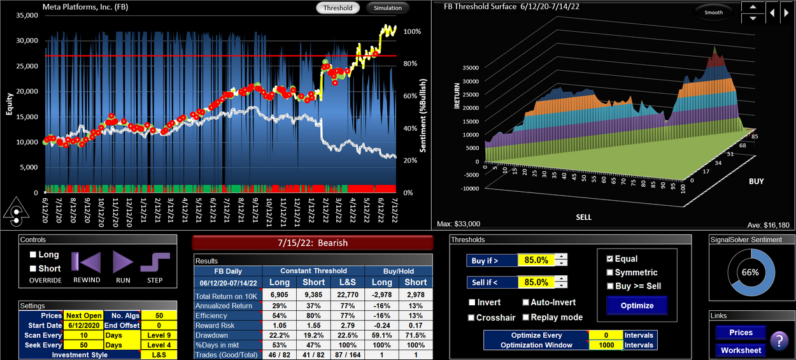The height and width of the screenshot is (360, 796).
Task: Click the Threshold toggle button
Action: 338,8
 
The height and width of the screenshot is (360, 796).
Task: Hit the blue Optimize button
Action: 637,305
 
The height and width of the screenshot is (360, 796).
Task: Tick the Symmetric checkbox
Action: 610,273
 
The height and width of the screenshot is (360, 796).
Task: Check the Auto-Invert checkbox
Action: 526,303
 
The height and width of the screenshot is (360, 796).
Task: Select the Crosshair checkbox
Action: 472,317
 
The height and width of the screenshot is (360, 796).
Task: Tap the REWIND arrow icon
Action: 86,263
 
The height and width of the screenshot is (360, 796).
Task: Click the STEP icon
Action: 155,263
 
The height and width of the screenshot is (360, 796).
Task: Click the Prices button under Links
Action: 741,333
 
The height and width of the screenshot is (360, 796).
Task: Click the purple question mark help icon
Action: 779,342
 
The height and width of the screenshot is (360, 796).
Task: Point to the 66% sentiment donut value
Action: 750,272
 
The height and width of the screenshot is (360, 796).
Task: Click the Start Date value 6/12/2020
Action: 83,325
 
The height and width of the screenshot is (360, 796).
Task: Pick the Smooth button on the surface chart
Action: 713,12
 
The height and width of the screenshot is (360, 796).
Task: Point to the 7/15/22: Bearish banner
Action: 313,243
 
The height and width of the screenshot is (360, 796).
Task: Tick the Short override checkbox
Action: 34,268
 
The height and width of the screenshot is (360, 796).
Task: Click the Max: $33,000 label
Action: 458,224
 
